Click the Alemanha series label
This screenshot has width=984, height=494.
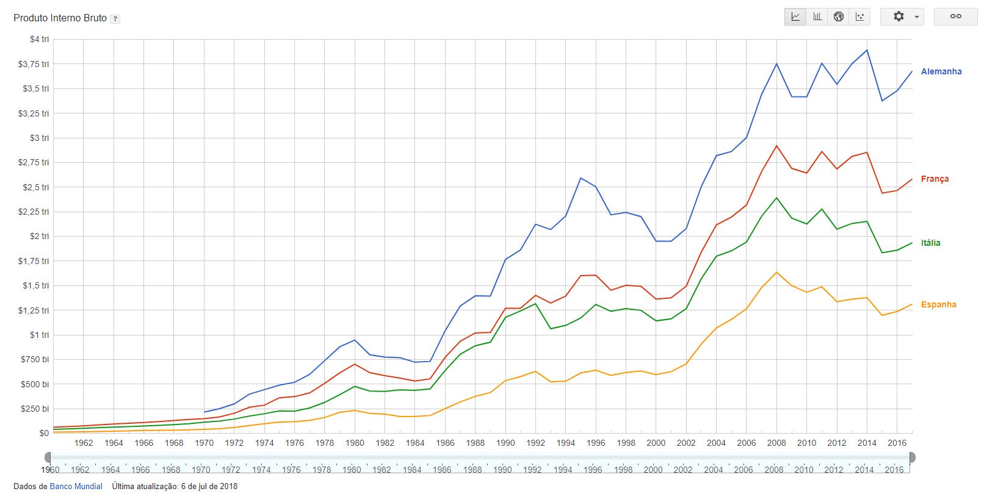[941, 71]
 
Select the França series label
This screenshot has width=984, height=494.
[935, 179]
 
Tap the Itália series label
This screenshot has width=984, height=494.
[930, 243]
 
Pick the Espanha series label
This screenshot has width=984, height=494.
[938, 304]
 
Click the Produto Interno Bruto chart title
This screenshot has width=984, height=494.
[60, 18]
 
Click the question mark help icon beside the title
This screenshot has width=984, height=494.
[115, 19]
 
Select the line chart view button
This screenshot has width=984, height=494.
[795, 16]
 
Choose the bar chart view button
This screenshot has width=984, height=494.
[817, 16]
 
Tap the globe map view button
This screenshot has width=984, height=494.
[839, 16]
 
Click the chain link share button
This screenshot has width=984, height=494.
[955, 16]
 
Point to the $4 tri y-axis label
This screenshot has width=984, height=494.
[39, 39]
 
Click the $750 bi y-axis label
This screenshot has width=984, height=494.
[35, 359]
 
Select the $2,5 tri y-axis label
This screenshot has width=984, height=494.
[35, 187]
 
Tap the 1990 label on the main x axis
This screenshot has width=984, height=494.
[505, 443]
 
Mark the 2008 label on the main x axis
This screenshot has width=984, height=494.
[776, 443]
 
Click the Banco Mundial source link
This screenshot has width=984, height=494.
[76, 486]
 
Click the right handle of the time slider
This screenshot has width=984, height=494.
[912, 457]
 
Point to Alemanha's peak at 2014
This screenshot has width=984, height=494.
[867, 50]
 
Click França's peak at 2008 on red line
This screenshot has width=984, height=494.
[776, 146]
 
